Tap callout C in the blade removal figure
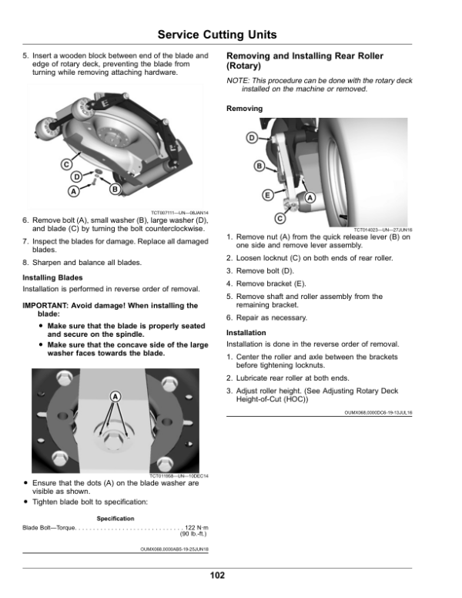point(67,163)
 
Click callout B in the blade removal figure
point(115,189)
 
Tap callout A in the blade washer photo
point(115,396)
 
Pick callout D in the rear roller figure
point(251,138)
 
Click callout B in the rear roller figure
point(259,166)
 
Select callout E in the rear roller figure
point(266,195)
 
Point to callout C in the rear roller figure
point(280,218)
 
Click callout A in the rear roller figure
point(310,198)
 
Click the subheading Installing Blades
point(52,277)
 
